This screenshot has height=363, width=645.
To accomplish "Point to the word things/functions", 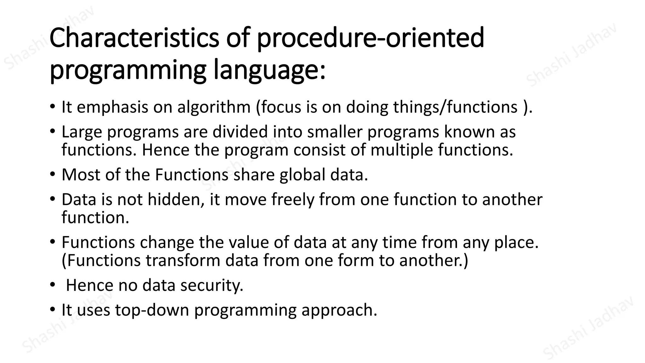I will tap(455, 107).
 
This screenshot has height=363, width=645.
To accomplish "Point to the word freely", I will tap(293, 200).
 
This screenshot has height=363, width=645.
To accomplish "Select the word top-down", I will tap(152, 310).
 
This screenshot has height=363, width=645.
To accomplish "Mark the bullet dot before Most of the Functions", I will tap(52, 174).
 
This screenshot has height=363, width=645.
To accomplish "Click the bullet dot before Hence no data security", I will tap(52, 285).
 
